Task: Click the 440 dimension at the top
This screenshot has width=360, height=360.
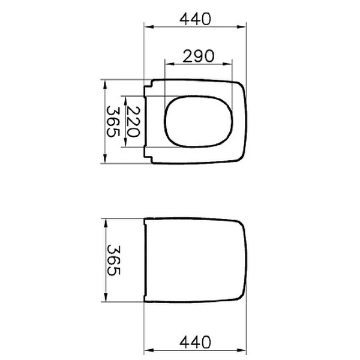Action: pyautogui.click(x=195, y=19)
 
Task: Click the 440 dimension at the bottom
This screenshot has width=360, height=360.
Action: pyautogui.click(x=195, y=343)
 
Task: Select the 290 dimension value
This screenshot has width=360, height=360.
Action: pyautogui.click(x=199, y=56)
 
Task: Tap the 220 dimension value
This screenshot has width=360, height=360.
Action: pyautogui.click(x=133, y=122)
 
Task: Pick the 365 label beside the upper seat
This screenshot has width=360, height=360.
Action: pyautogui.click(x=113, y=121)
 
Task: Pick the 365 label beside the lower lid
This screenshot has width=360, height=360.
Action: pyautogui.click(x=113, y=260)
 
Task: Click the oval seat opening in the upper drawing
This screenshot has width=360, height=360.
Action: pyautogui.click(x=164, y=121)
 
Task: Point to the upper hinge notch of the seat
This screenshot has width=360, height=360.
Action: pyautogui.click(x=148, y=88)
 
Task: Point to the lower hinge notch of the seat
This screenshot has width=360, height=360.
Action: pyautogui.click(x=148, y=155)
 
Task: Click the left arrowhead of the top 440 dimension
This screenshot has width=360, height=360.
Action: pyautogui.click(x=149, y=27)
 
